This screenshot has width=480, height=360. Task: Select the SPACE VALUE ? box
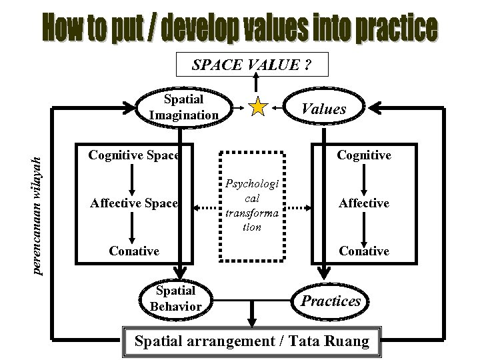point(251,65)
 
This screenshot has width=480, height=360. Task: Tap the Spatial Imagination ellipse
point(183,107)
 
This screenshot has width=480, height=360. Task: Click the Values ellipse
point(324,109)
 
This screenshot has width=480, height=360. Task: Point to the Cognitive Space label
point(133,155)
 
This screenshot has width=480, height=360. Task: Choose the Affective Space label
point(133,203)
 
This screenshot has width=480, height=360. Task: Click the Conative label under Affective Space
point(134,251)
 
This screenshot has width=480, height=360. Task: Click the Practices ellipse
point(331,301)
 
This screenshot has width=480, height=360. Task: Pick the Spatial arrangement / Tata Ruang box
point(251,341)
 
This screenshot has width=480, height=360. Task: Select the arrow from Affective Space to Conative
point(133,227)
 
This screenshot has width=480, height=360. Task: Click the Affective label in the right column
point(363,203)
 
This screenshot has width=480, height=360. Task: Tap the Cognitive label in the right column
point(363,155)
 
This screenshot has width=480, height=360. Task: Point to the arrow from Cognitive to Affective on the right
point(363,179)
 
